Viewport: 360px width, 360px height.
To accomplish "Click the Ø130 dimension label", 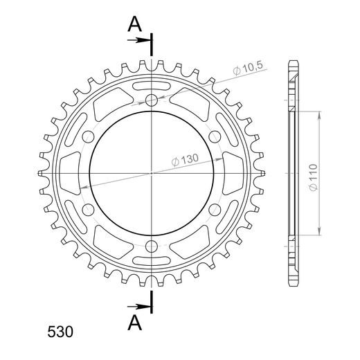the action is pos(185,160).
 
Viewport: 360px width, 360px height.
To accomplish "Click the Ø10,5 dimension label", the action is pos(248,69).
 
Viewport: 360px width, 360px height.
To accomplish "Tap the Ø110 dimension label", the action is pos(313,177).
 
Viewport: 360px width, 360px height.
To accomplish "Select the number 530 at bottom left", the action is pos(60,332).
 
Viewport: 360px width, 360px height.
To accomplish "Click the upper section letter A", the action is pos(135,24).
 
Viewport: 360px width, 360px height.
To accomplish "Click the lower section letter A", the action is pos(135,323).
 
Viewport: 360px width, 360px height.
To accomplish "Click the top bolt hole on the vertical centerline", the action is pos(152,100).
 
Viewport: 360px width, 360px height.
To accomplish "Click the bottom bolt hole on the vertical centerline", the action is pos(152,246).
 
